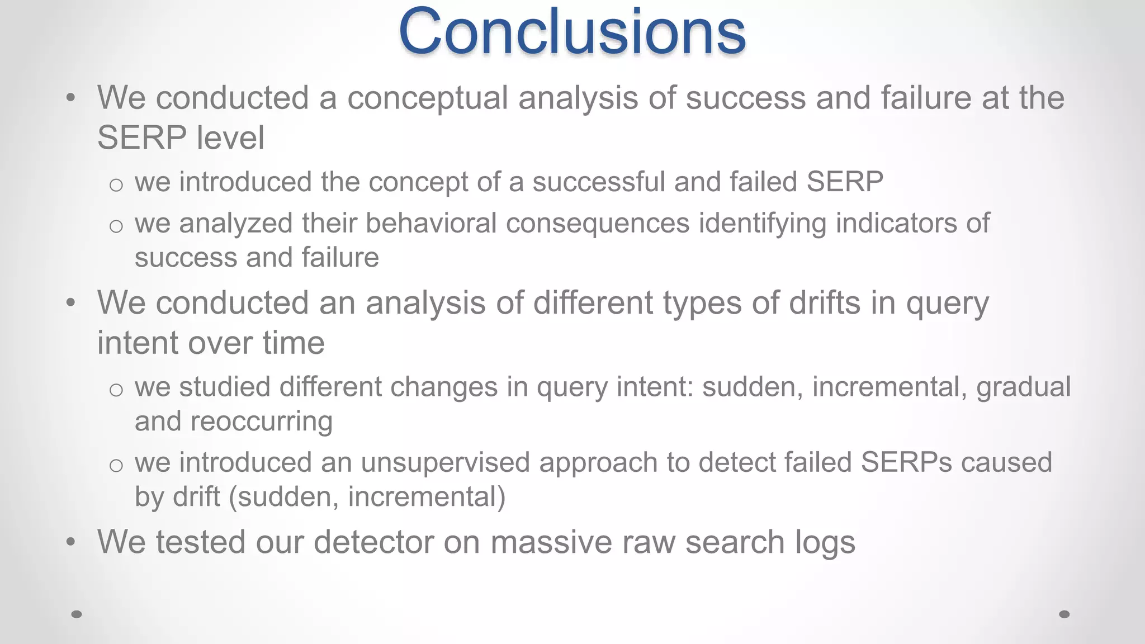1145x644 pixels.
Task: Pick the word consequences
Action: (x=598, y=223)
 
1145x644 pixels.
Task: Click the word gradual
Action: (x=1023, y=387)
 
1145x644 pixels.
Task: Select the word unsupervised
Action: (x=445, y=463)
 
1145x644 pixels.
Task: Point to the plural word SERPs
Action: (x=906, y=463)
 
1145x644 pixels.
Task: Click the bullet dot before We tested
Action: (x=70, y=542)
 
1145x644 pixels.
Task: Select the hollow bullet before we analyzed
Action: (x=116, y=226)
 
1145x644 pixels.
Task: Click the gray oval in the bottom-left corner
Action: (x=77, y=614)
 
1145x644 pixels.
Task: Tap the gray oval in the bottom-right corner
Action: (x=1064, y=614)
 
